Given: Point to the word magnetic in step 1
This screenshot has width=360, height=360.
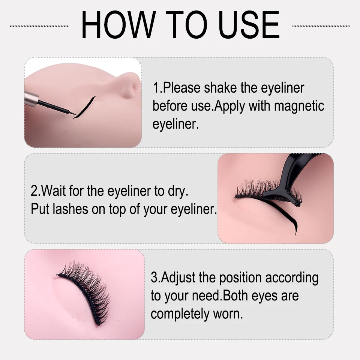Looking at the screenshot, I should [299, 106].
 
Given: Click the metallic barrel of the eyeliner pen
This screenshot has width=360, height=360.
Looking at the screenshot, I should [31, 98].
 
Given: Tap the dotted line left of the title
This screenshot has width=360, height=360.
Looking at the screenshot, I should [39, 26].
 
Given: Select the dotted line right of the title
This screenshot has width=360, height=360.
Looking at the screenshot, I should [321, 26].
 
